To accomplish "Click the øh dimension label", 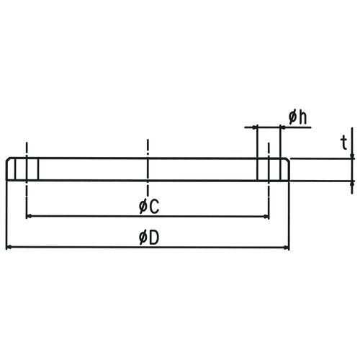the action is (x=297, y=117).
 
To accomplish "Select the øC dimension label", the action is (x=149, y=207).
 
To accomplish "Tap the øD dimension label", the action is (x=149, y=238).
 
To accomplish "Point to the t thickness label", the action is (x=344, y=143).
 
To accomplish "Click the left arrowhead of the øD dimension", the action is (x=9, y=247).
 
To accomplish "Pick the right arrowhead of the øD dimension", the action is (x=286, y=247).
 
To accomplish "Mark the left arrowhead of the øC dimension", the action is (x=29, y=216).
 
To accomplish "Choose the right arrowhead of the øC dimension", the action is (x=266, y=217).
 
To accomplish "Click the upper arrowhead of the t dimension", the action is (x=352, y=156).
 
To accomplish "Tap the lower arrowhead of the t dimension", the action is (x=352, y=184).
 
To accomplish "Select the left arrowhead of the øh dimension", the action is (x=254, y=127).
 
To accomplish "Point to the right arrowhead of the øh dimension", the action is (x=283, y=127).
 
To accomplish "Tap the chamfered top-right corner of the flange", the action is (x=287, y=160).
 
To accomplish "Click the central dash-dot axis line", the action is (x=148, y=168).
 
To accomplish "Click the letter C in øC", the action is (x=154, y=207).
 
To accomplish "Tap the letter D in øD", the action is (x=154, y=238).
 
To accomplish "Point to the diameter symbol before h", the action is (x=293, y=117).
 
